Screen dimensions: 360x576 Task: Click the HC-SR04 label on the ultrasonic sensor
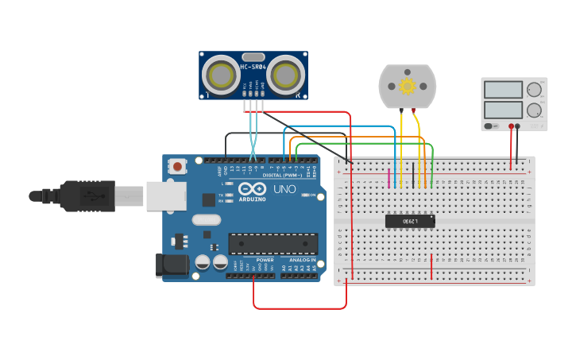click(253, 67)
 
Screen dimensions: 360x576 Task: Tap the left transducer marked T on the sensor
click(218, 75)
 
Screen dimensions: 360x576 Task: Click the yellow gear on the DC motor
click(408, 86)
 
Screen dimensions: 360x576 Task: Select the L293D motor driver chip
click(410, 221)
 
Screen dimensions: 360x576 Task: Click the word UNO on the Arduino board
click(284, 189)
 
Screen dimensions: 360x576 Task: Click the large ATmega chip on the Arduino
click(273, 244)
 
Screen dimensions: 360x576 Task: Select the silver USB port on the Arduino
click(165, 195)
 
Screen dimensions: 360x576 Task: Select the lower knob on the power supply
click(534, 110)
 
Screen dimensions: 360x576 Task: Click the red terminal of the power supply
click(510, 126)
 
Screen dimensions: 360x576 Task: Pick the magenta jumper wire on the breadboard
click(389, 178)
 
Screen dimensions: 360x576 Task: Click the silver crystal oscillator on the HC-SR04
click(253, 56)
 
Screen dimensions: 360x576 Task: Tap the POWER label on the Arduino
click(265, 260)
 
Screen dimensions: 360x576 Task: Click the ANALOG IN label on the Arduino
click(302, 260)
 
